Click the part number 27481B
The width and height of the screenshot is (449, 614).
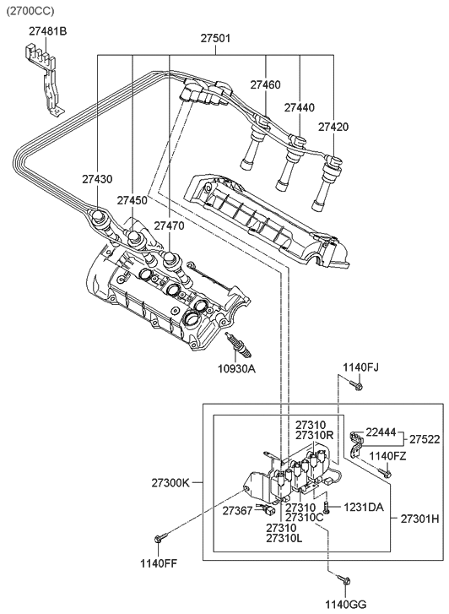(x=47, y=31)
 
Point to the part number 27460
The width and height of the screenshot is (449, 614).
(x=266, y=85)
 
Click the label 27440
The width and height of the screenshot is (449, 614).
(x=300, y=108)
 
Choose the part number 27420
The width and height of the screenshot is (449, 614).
(x=333, y=127)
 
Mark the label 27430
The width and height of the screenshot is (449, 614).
(x=98, y=180)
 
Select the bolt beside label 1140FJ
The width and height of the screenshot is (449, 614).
(x=357, y=387)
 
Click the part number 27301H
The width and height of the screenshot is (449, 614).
(x=419, y=518)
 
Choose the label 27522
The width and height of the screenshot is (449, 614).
(x=425, y=439)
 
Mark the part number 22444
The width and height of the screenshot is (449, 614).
(x=381, y=432)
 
